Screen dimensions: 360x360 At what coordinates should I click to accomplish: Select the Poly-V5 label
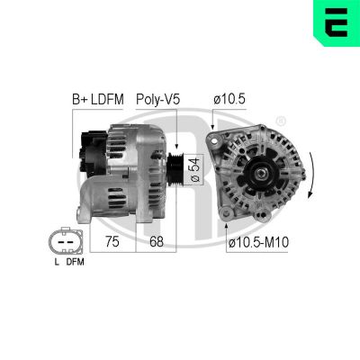158,98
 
